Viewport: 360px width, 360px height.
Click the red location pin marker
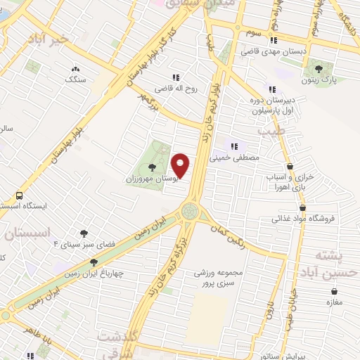tap(181, 165)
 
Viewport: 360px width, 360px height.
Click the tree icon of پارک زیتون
tap(319, 69)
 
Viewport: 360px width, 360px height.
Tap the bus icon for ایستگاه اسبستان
tap(18, 195)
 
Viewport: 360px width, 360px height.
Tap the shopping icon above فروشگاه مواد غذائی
tap(302, 207)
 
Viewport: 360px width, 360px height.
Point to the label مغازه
tap(333, 302)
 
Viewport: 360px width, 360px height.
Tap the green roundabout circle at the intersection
tap(189, 211)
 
